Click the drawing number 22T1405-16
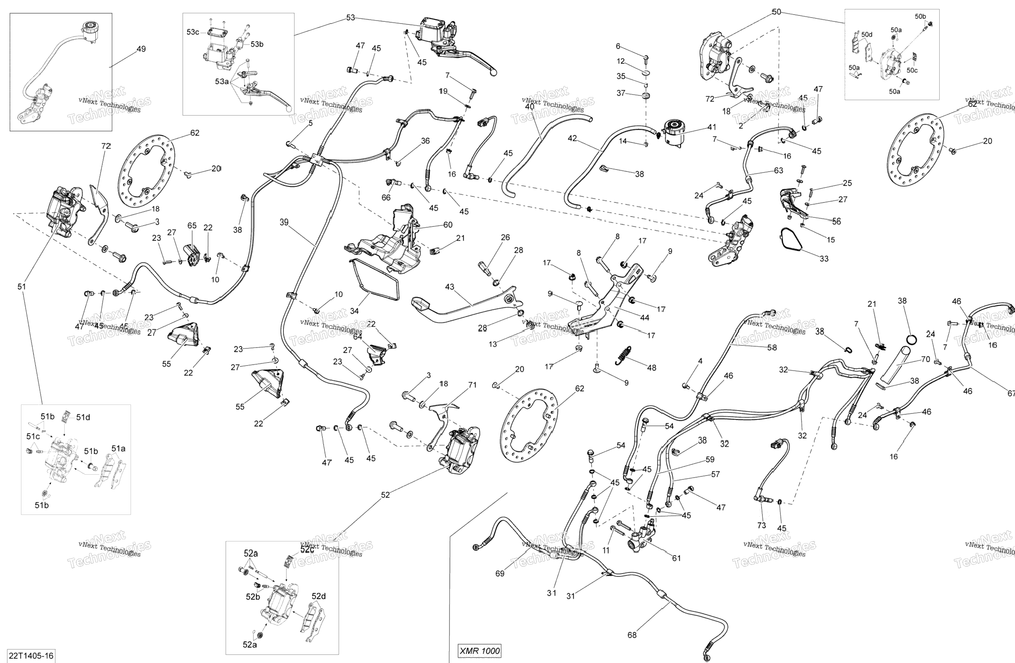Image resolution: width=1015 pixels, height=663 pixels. pos(31,656)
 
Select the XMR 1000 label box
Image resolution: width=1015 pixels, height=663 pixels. pos(479,651)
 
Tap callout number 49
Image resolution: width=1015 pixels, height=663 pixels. pos(141,49)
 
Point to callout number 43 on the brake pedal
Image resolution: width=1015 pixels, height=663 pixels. pos(449,287)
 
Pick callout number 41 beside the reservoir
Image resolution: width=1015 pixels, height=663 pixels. pos(711,127)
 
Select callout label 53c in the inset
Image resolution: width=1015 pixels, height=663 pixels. pos(193,32)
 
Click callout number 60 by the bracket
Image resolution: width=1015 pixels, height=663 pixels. pos(448,225)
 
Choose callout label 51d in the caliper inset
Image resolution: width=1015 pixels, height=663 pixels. pos(83,417)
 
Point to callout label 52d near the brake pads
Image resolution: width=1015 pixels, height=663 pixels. pos(318,596)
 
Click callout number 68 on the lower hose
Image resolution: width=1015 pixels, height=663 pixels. pos(632,635)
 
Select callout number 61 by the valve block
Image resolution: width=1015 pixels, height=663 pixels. pos(676,558)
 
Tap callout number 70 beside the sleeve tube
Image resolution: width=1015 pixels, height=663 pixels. pos(926,360)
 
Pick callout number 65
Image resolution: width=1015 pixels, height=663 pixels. pos(192,226)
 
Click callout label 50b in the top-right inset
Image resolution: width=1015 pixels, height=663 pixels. pos(920,17)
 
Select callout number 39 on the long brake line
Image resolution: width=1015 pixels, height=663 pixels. pos(284,222)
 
